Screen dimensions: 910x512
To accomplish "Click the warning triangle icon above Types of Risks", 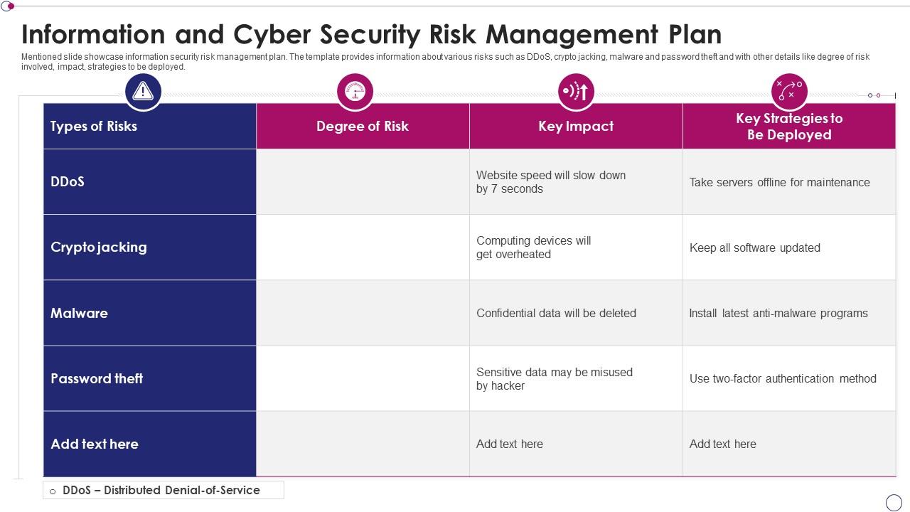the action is click(143, 91).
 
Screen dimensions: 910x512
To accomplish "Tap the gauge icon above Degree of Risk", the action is click(355, 91).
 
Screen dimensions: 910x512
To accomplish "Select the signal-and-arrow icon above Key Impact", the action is click(576, 91).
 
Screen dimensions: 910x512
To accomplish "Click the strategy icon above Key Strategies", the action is click(789, 91).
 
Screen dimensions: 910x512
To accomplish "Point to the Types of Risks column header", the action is click(94, 127).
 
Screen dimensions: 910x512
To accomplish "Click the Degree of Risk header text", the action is click(363, 127).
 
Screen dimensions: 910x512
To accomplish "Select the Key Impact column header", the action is click(576, 127).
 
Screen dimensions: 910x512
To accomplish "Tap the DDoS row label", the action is click(68, 181).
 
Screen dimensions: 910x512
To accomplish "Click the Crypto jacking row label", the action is click(99, 247).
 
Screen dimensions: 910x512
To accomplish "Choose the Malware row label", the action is click(79, 313).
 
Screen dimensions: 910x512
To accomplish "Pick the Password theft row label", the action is click(97, 378).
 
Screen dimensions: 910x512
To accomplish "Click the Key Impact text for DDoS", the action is click(551, 182).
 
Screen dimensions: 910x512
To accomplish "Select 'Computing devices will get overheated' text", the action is click(534, 247).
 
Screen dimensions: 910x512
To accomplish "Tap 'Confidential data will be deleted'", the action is click(556, 314).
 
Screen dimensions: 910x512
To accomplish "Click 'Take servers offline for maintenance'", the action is click(780, 183).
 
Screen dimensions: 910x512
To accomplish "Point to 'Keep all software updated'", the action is click(755, 248).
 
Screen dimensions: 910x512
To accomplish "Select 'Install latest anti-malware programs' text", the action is click(778, 314).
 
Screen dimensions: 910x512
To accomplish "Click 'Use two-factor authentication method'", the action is click(783, 379).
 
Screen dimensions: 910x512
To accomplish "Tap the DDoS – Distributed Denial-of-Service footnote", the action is click(161, 490).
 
